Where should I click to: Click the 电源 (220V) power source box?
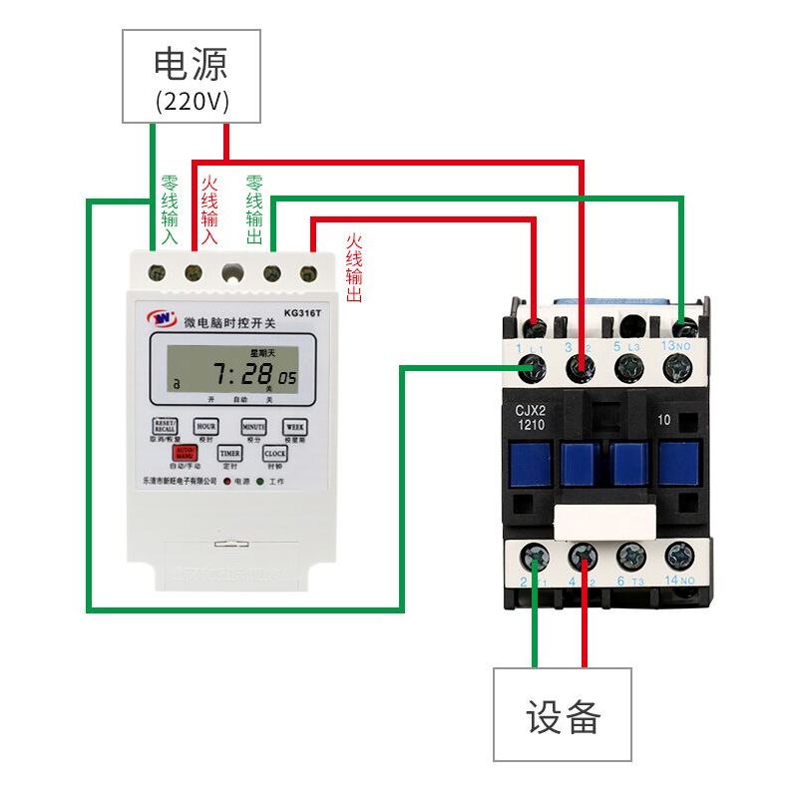(192, 76)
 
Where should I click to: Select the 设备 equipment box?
(563, 714)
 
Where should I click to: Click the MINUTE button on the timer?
(253, 427)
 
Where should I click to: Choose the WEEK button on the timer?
(295, 427)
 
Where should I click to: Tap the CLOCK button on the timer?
(274, 453)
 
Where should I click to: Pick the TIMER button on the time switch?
(229, 453)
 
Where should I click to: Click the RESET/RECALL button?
(165, 427)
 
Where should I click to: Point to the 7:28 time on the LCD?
(243, 375)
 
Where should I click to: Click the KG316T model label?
(302, 312)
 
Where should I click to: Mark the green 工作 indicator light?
(260, 481)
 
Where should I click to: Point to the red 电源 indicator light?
(226, 481)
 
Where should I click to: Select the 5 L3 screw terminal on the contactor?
(629, 369)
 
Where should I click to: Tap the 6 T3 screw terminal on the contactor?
(629, 556)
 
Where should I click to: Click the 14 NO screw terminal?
(680, 556)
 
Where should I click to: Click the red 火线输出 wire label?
(353, 268)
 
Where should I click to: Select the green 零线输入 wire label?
(170, 211)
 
